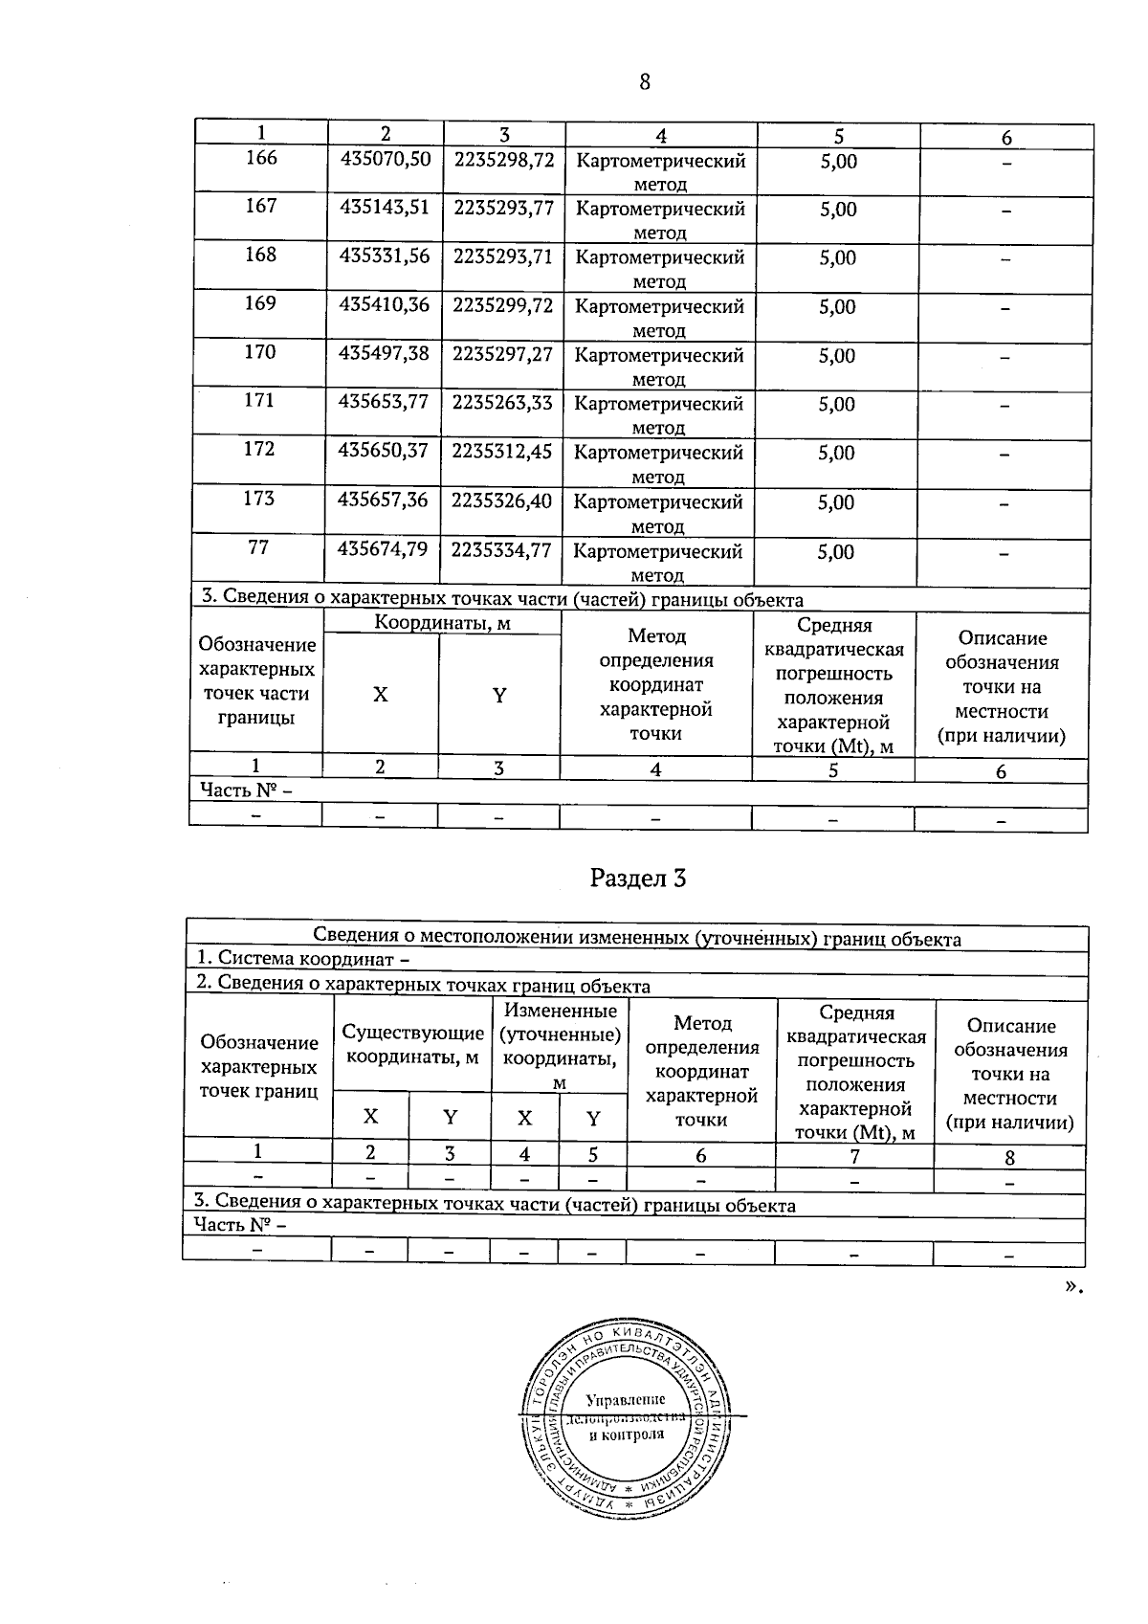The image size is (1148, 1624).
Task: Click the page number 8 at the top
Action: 644,82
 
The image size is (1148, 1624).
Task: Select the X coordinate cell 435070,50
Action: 385,160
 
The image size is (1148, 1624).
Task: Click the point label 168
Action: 260,255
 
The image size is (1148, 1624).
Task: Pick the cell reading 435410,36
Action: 385,305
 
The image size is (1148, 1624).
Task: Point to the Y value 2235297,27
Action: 503,354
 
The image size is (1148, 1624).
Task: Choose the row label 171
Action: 259,400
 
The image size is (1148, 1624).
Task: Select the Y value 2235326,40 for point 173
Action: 502,501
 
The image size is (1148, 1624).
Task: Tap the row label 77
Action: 258,547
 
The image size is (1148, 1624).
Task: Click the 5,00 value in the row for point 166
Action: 838,162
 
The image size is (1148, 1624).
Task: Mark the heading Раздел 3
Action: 638,878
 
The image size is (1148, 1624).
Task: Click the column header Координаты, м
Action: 442,624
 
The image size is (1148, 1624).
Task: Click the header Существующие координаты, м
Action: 412,1045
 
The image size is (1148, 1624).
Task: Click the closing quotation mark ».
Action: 1073,1285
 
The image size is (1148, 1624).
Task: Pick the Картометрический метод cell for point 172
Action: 658,463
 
